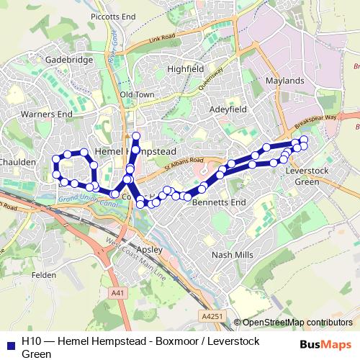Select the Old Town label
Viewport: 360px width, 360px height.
point(138,94)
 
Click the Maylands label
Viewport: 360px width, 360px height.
point(284,81)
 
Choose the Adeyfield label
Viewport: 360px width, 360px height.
point(228,109)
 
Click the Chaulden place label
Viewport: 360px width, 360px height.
point(17,163)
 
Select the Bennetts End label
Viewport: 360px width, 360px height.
point(219,203)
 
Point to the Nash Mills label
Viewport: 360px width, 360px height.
point(233,255)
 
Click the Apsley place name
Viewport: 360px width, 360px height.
point(151,250)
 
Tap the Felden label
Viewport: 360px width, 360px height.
point(44,274)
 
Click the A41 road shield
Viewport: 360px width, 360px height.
point(118,293)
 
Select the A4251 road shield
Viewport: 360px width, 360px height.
point(212,315)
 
